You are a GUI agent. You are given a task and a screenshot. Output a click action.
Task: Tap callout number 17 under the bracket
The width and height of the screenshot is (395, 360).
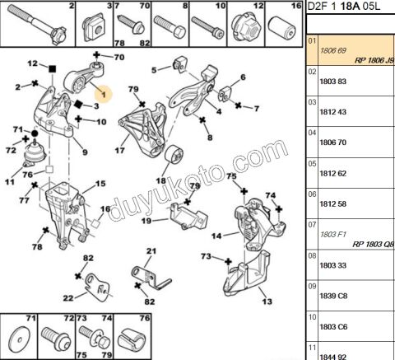[x=119, y=151]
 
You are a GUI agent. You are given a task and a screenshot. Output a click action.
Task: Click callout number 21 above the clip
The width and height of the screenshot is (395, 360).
[x=151, y=252]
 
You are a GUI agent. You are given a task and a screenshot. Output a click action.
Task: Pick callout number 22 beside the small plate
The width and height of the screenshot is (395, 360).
[x=69, y=298]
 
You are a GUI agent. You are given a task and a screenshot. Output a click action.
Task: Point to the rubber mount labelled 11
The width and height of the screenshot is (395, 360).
[x=35, y=160]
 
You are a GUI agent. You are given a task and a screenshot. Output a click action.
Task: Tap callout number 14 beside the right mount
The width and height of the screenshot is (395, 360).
[x=215, y=236]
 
